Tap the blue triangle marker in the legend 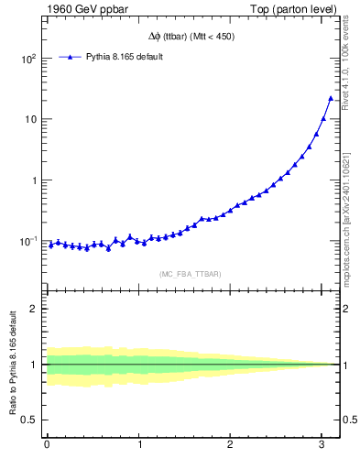[x=70, y=57]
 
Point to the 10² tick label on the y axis [x=28, y=59]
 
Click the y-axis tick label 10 [x=31, y=119]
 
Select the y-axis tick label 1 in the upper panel [x=34, y=180]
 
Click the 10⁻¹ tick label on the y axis [x=27, y=241]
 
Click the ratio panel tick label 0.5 [x=29, y=420]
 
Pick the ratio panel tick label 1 [x=34, y=365]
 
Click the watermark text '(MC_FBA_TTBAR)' [x=191, y=273]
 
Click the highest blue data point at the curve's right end [x=331, y=98]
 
